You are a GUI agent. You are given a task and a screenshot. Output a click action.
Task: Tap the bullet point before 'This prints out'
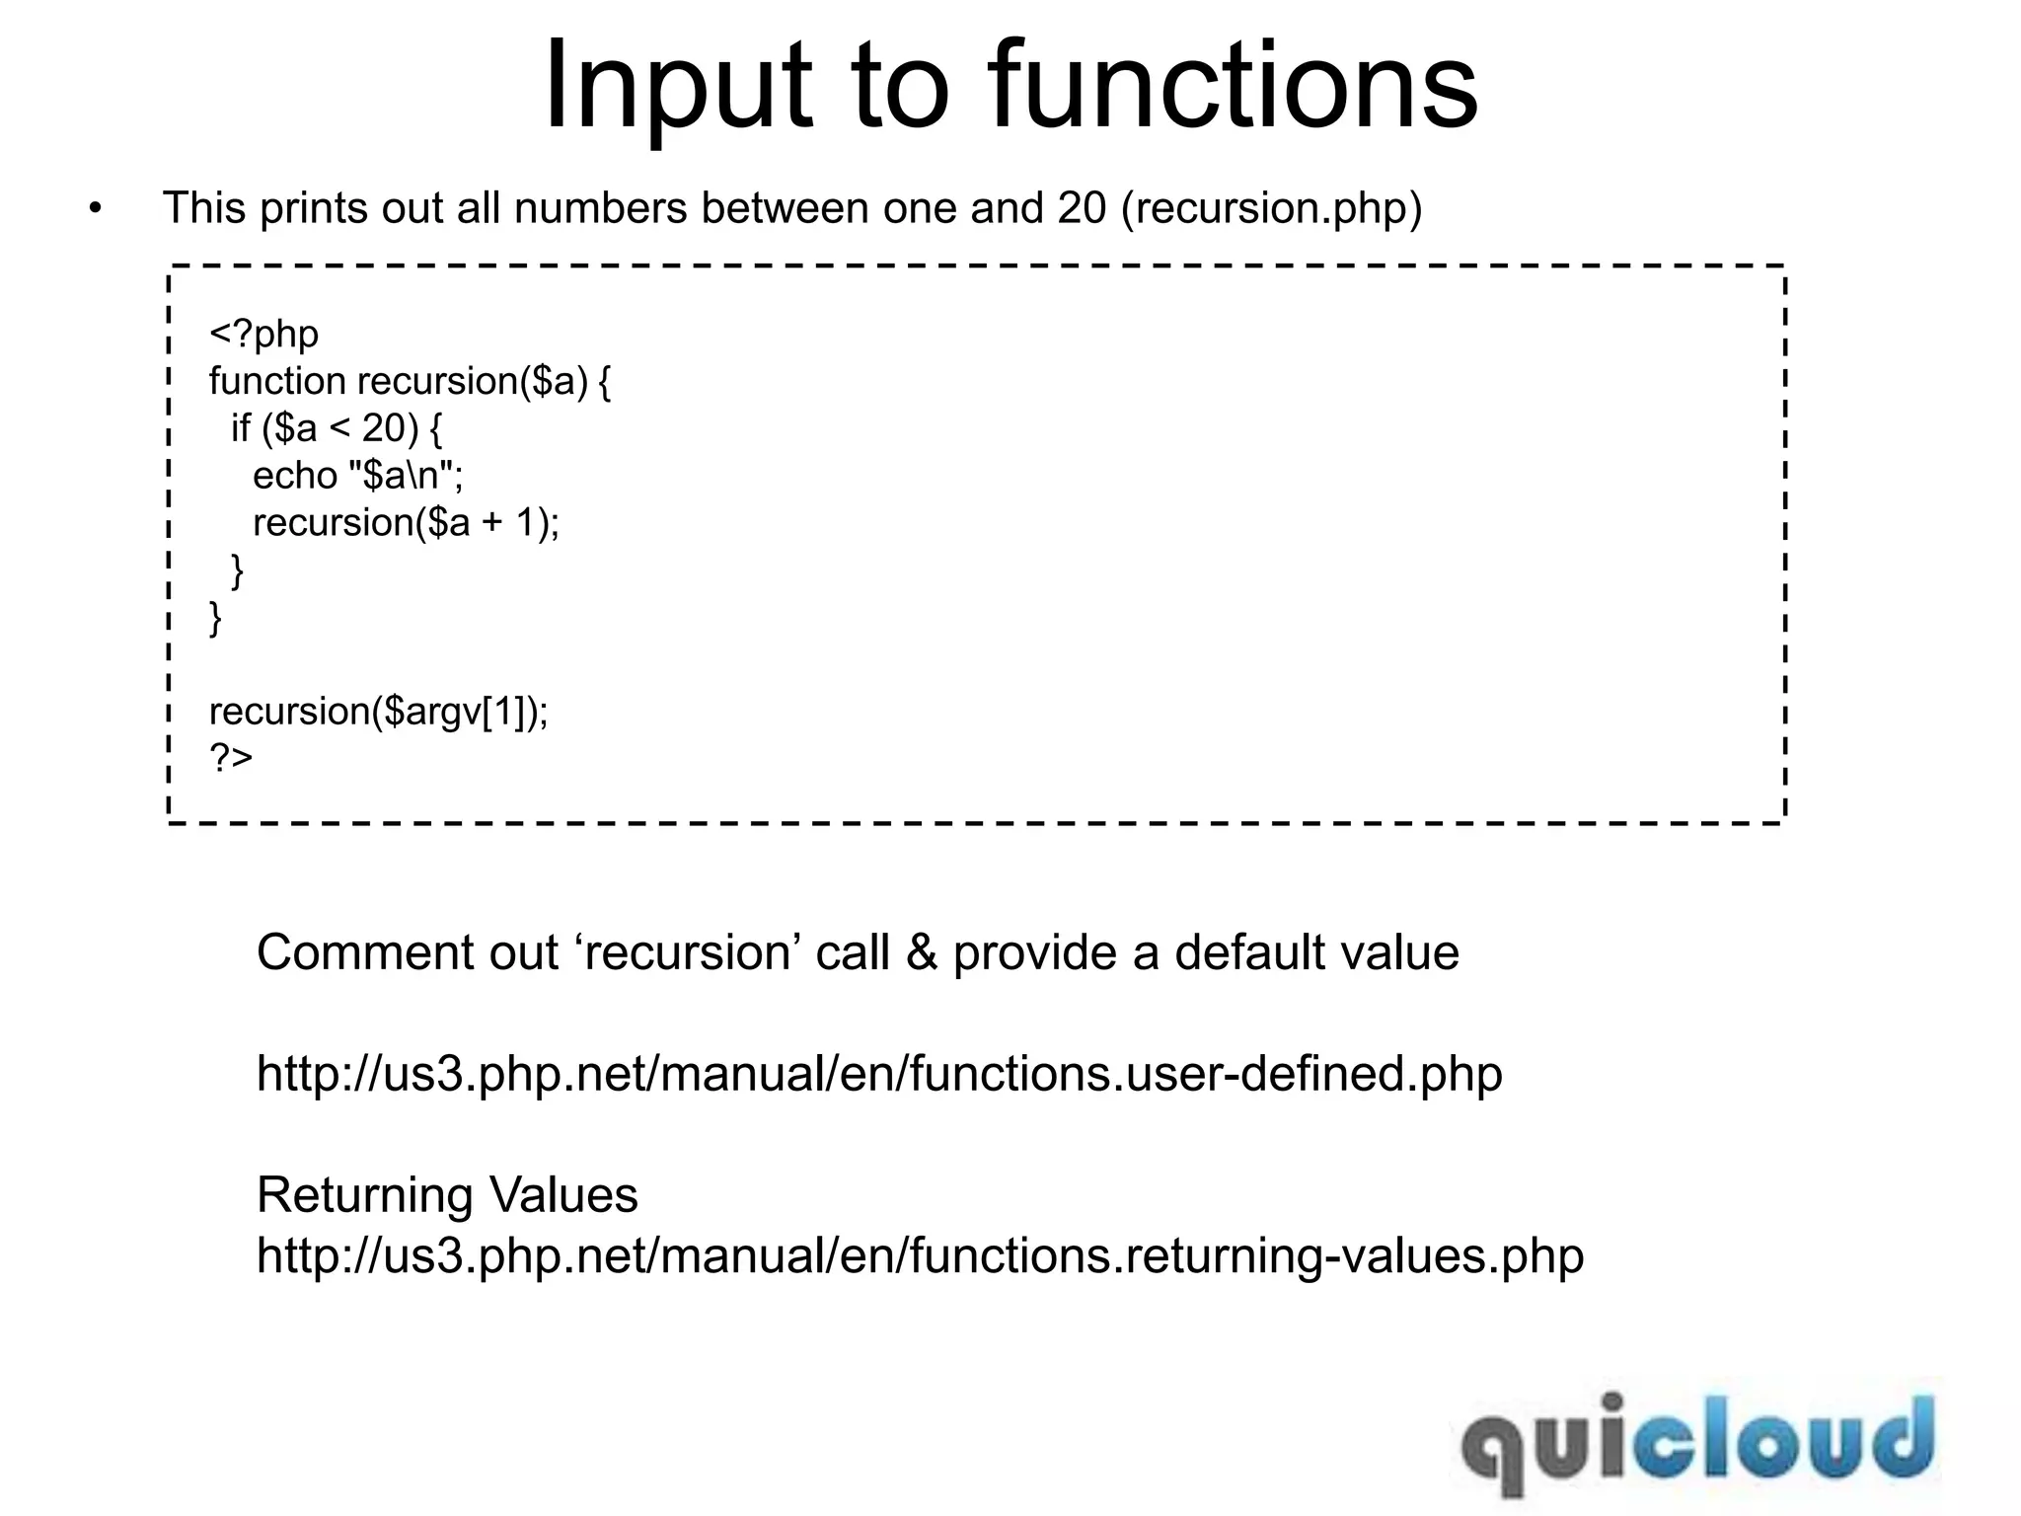tap(95, 209)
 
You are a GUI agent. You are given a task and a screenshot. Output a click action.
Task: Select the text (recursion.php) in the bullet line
tap(1271, 209)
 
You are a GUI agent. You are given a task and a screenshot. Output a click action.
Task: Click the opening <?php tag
tap(263, 334)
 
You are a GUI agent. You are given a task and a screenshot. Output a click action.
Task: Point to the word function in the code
tap(277, 381)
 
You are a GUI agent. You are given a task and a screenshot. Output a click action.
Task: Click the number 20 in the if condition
tap(383, 428)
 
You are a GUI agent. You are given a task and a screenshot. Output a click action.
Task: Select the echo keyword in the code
tap(294, 476)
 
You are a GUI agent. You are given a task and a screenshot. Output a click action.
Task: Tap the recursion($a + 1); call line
tap(406, 523)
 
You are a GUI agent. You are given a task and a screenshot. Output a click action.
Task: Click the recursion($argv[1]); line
tap(378, 711)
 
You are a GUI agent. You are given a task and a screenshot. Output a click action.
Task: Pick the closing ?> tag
tap(231, 758)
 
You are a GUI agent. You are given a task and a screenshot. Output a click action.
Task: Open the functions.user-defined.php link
tap(879, 1074)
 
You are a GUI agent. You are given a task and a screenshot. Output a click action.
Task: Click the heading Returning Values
tap(447, 1195)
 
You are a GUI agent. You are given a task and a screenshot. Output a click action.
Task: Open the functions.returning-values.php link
tap(920, 1256)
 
